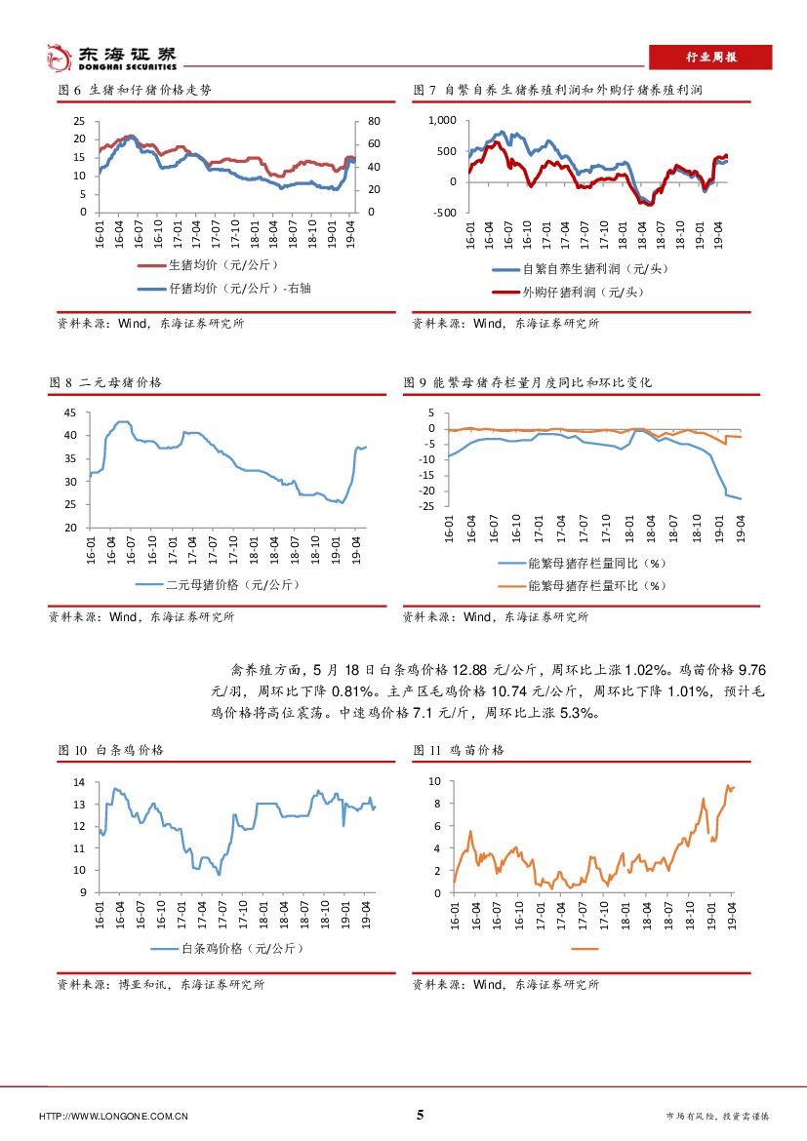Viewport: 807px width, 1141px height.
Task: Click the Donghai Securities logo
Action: pyautogui.click(x=112, y=58)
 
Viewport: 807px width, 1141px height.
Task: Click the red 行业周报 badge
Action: pyautogui.click(x=710, y=58)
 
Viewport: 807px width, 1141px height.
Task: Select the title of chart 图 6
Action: pyautogui.click(x=134, y=90)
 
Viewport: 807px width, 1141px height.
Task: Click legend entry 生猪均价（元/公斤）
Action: pyautogui.click(x=211, y=265)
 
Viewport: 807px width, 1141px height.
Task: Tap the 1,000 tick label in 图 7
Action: pyautogui.click(x=443, y=120)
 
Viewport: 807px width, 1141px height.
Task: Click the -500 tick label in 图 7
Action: pyautogui.click(x=445, y=213)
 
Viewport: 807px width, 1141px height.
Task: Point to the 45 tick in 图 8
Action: pyautogui.click(x=69, y=413)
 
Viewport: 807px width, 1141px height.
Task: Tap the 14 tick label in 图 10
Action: pyautogui.click(x=80, y=783)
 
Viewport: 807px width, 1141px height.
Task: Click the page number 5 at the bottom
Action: pyautogui.click(x=421, y=1116)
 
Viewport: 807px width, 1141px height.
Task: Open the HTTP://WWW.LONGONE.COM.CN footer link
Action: pyautogui.click(x=113, y=1117)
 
